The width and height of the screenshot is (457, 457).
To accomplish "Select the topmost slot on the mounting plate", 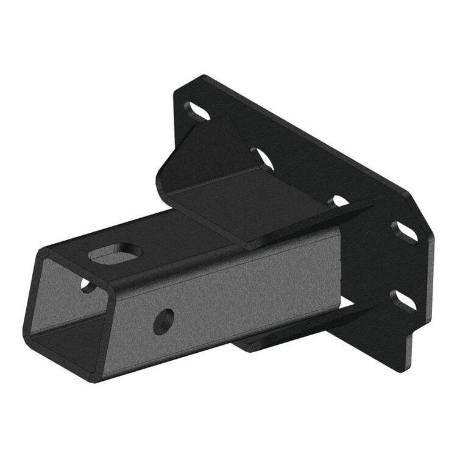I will (x=197, y=112).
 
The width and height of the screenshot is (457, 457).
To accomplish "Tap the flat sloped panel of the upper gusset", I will (x=256, y=207).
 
